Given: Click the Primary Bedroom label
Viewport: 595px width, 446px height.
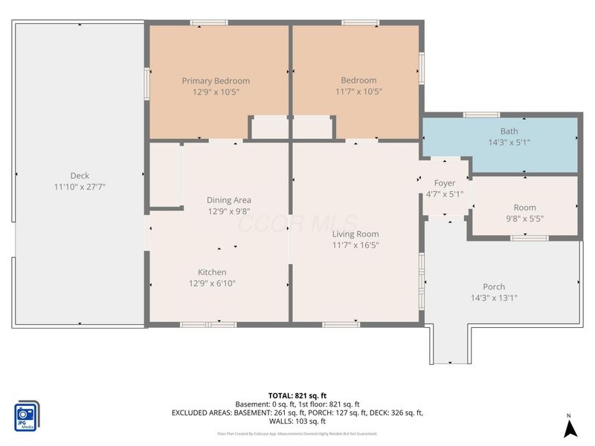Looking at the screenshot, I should (x=216, y=80).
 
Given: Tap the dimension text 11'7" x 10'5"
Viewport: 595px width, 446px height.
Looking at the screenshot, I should (x=358, y=92).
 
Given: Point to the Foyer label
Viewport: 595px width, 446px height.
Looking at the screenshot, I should (x=445, y=183).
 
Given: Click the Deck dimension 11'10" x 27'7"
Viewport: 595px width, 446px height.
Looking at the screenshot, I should (x=80, y=187).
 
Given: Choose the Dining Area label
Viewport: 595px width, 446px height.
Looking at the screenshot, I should (x=228, y=199).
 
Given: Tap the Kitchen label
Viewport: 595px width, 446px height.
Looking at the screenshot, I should (x=212, y=272).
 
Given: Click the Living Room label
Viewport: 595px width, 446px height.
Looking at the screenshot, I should (x=355, y=233).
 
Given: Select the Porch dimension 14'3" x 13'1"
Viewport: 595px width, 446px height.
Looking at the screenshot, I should (x=494, y=298).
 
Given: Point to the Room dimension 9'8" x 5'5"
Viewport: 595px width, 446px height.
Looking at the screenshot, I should (x=524, y=219).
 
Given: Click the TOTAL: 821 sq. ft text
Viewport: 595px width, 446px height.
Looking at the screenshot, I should (x=297, y=395).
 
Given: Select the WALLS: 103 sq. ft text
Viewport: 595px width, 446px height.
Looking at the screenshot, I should (x=297, y=421).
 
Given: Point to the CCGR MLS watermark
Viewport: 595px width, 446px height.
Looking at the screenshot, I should (x=297, y=223).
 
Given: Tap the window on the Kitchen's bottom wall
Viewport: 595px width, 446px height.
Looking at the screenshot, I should (x=208, y=324).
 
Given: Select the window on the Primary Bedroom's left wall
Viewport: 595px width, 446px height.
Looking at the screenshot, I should (x=147, y=83).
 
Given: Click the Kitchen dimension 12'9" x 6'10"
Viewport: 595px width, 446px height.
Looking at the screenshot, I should (x=212, y=283).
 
